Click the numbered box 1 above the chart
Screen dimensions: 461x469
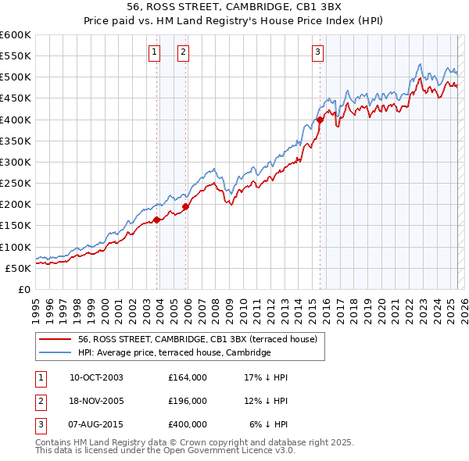pos(153,52)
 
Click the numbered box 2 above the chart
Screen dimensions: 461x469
pos(182,52)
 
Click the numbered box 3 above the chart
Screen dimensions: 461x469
pos(318,52)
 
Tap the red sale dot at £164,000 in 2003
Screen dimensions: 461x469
pos(157,220)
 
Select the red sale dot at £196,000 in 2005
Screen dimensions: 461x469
pos(186,206)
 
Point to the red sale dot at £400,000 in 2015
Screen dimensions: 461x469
pos(320,120)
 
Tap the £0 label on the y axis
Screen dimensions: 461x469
pos(24,289)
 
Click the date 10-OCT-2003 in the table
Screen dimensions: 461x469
pos(96,377)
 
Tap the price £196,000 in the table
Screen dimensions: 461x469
pos(188,401)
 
